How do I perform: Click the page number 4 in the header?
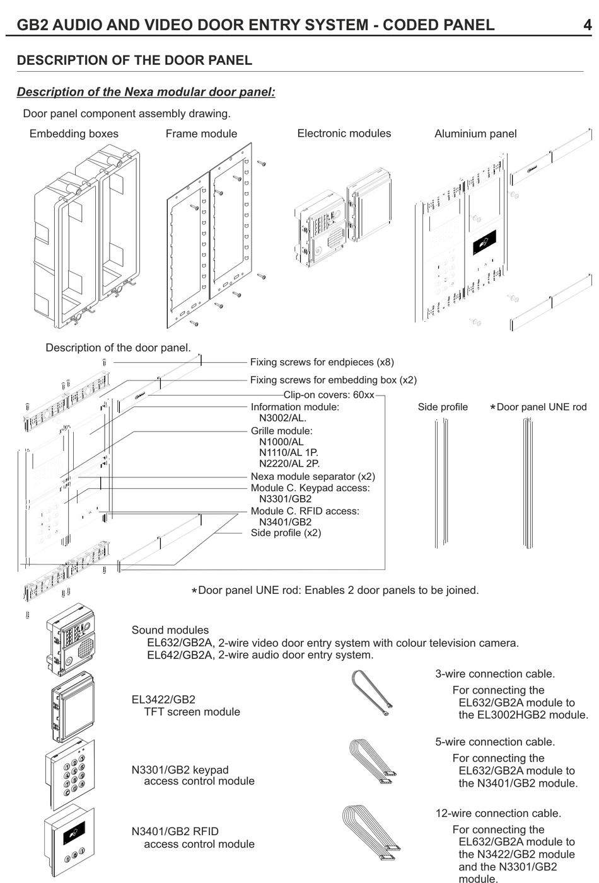[x=587, y=25]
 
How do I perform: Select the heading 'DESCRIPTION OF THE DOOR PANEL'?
[x=134, y=60]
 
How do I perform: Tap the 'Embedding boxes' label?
[x=74, y=134]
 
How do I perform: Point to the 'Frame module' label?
[x=201, y=134]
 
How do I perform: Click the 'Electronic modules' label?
[x=344, y=133]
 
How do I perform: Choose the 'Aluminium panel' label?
[x=475, y=134]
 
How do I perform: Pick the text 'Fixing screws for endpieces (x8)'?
[x=322, y=362]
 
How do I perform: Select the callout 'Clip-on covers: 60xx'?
[x=329, y=395]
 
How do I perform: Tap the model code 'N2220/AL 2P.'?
[x=289, y=463]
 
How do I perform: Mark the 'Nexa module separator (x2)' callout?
[x=313, y=477]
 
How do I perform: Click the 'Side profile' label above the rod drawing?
[x=443, y=407]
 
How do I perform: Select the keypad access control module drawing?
[x=70, y=774]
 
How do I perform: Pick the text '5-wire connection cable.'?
[x=495, y=742]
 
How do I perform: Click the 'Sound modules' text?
[x=170, y=630]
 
